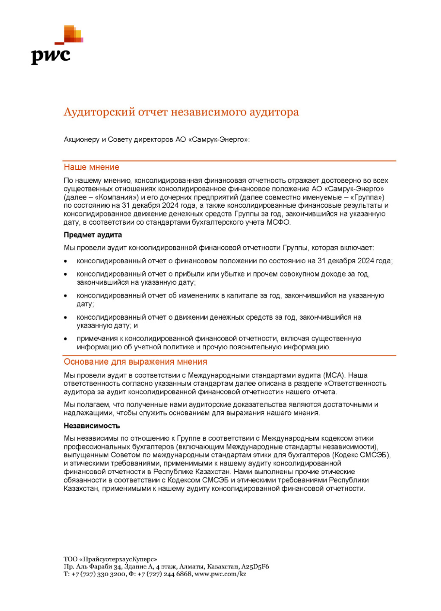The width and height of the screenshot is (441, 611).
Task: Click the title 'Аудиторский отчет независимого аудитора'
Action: click(x=181, y=112)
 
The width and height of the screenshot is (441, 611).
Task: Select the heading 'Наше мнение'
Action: click(x=91, y=167)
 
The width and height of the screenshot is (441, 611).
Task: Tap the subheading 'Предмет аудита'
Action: click(x=93, y=235)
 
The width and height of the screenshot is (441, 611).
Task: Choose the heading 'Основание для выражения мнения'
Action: click(x=135, y=362)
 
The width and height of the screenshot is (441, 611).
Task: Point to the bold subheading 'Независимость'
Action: click(x=92, y=426)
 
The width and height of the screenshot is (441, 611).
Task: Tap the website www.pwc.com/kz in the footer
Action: click(x=220, y=574)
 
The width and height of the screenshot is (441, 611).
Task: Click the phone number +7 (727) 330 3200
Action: click(x=98, y=574)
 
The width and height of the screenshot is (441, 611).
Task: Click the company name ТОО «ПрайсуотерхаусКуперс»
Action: click(x=110, y=559)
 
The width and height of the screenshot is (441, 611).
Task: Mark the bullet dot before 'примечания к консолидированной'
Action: click(x=66, y=339)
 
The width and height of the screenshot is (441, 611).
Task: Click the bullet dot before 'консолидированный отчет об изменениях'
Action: click(x=66, y=296)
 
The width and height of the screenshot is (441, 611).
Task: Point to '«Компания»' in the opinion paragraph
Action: click(x=113, y=197)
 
